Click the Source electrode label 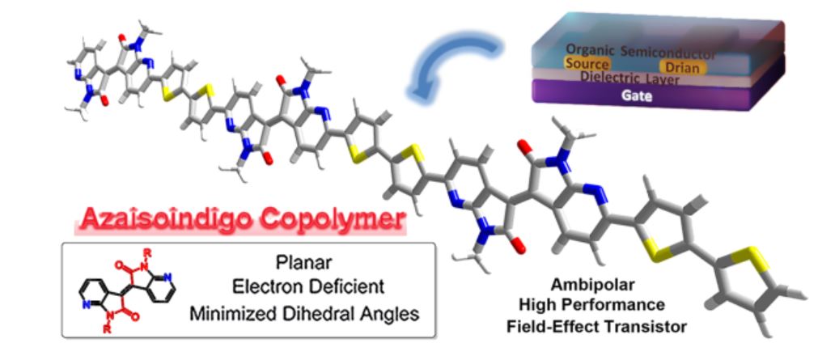click(x=588, y=64)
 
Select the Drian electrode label click(x=681, y=66)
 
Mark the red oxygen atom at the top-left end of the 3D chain click(x=119, y=38)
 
